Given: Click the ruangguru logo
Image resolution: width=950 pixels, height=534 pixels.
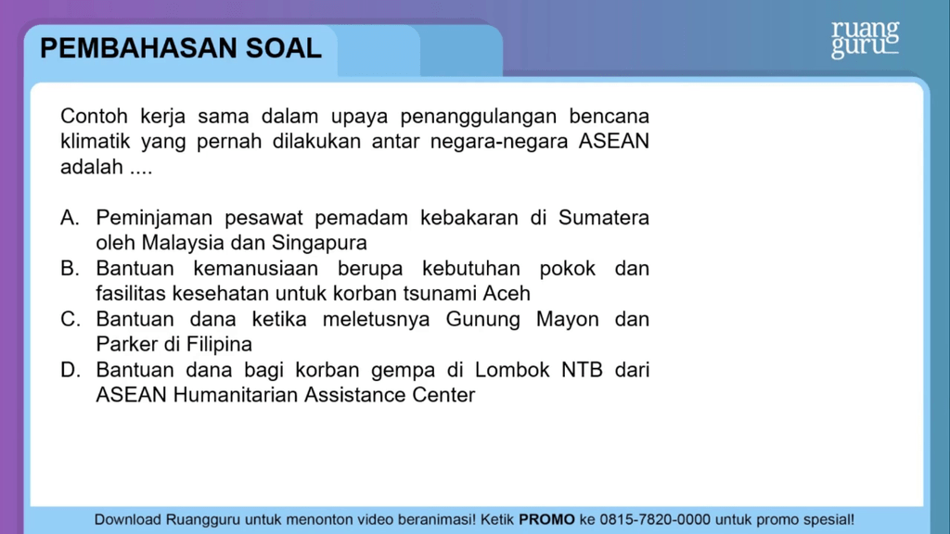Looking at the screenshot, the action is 866,40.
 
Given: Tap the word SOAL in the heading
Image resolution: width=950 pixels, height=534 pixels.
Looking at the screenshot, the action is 284,48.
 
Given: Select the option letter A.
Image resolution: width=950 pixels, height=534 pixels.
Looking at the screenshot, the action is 70,217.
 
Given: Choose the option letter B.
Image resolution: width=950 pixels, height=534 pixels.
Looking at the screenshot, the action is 70,268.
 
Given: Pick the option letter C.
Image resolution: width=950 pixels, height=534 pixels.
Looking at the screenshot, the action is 70,319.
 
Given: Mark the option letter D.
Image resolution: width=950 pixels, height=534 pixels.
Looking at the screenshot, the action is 70,370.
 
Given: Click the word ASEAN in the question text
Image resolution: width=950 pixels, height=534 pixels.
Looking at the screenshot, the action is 614,141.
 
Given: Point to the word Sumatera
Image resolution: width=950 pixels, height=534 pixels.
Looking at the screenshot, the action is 603,217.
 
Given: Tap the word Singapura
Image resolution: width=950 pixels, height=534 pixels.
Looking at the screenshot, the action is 319,243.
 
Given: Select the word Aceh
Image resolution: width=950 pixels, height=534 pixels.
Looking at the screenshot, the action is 507,294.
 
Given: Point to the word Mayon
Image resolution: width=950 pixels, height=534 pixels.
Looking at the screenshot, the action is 567,319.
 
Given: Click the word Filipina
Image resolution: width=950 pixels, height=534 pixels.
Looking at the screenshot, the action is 219,345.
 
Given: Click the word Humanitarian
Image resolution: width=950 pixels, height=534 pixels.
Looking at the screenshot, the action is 235,395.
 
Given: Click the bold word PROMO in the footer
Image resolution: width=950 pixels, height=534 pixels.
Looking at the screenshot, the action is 546,519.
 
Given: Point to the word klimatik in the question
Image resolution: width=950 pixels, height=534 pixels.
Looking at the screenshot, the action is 95,141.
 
